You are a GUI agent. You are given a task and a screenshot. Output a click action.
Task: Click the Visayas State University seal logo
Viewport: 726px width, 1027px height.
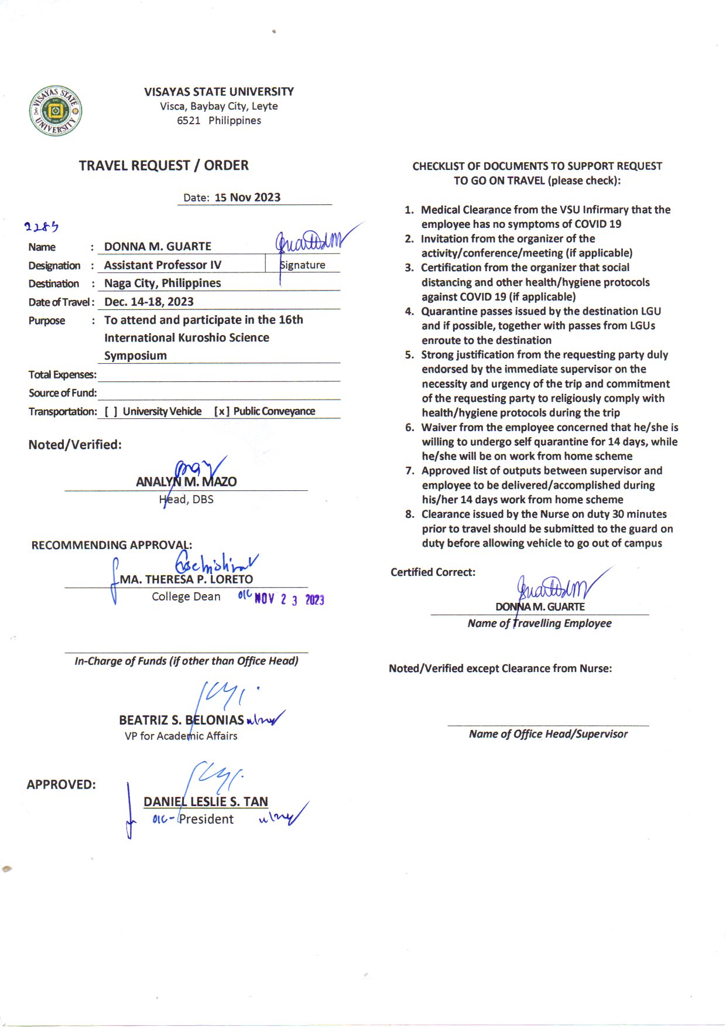pos(56,111)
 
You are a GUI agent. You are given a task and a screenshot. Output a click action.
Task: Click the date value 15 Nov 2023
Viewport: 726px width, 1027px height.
pos(247,197)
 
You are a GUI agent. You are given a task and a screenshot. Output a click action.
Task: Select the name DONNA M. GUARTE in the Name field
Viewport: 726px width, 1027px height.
pos(157,247)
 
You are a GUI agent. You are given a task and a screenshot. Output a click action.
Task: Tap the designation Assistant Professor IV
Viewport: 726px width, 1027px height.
pos(163,265)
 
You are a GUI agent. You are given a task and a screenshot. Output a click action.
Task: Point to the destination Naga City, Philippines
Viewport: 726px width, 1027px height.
pos(163,284)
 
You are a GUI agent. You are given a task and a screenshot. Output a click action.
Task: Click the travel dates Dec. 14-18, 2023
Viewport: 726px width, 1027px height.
pos(149,302)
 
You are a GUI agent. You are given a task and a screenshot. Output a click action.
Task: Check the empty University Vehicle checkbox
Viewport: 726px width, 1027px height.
pos(111,412)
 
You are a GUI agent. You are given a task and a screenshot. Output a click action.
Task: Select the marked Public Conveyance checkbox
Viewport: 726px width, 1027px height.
pos(221,412)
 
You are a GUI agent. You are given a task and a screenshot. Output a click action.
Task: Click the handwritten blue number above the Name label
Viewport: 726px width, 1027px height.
pos(42,227)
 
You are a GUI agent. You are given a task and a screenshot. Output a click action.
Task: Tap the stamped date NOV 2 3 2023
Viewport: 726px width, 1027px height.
pos(289,599)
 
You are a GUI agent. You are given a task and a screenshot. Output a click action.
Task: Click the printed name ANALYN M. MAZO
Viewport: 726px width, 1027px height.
pos(186,482)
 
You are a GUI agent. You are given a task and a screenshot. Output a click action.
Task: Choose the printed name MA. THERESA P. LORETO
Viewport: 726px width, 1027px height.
pos(186,579)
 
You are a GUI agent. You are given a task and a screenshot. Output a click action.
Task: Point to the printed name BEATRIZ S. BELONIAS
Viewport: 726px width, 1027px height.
pos(181,720)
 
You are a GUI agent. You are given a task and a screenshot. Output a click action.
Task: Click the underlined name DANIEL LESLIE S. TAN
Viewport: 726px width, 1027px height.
pos(206,801)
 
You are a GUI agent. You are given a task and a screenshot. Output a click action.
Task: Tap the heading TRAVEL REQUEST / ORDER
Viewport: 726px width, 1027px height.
pos(164,166)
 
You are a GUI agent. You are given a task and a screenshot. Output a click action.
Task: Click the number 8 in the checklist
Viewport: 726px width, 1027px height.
pos(409,514)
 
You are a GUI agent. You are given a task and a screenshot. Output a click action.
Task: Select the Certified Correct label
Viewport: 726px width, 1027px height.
pos(433,572)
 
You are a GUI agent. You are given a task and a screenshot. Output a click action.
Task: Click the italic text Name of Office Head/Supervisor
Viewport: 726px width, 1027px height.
pos(548,734)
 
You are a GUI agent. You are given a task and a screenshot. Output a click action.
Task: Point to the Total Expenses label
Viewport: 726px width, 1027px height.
pos(62,375)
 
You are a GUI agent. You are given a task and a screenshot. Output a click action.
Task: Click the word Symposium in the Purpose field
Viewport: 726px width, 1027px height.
pos(135,356)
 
